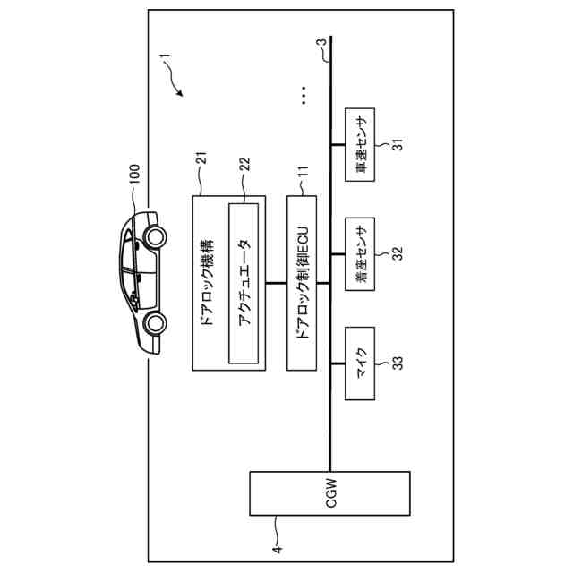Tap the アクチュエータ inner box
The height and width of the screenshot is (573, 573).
(244, 283)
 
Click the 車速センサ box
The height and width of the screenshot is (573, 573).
(362, 146)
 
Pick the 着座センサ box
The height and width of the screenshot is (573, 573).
(362, 252)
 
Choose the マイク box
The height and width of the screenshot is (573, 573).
(362, 363)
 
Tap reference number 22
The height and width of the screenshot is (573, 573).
(244, 166)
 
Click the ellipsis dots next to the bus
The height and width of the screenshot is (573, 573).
(304, 95)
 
